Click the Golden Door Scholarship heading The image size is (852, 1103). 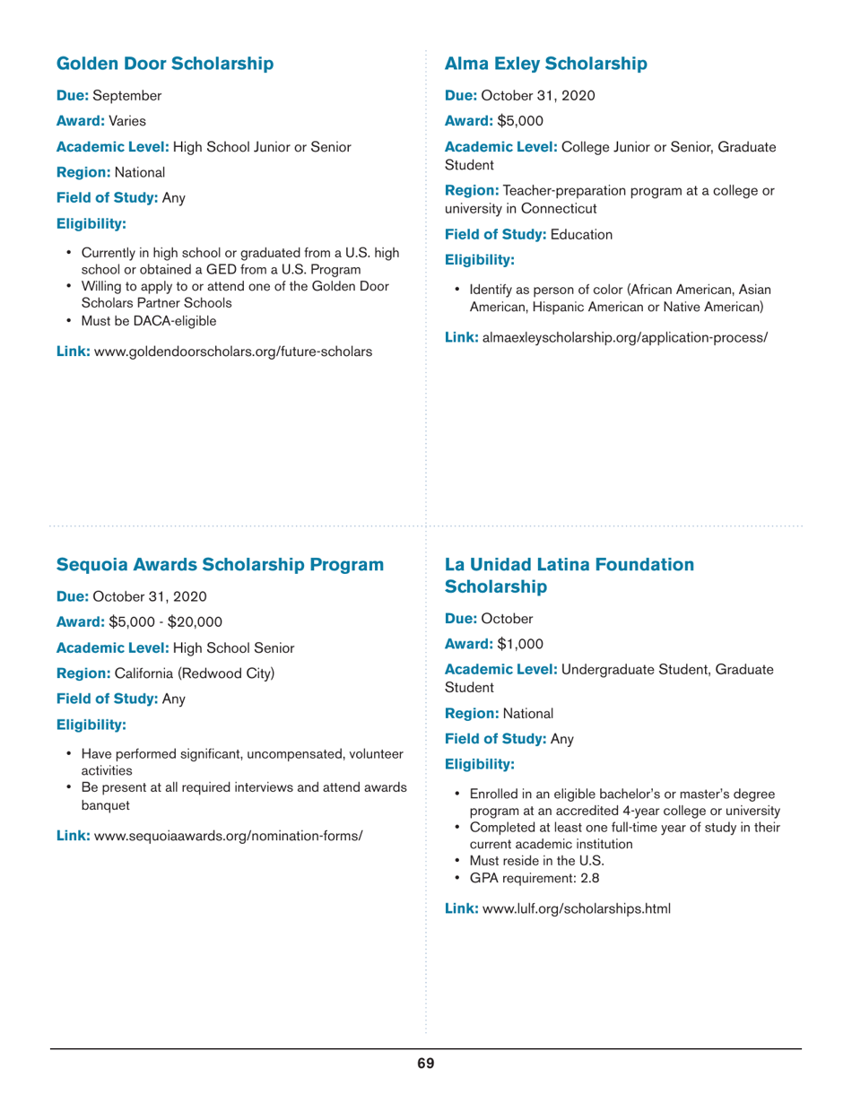tap(165, 64)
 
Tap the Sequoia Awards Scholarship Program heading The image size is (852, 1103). tap(221, 565)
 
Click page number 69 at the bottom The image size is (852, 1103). tap(425, 1064)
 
